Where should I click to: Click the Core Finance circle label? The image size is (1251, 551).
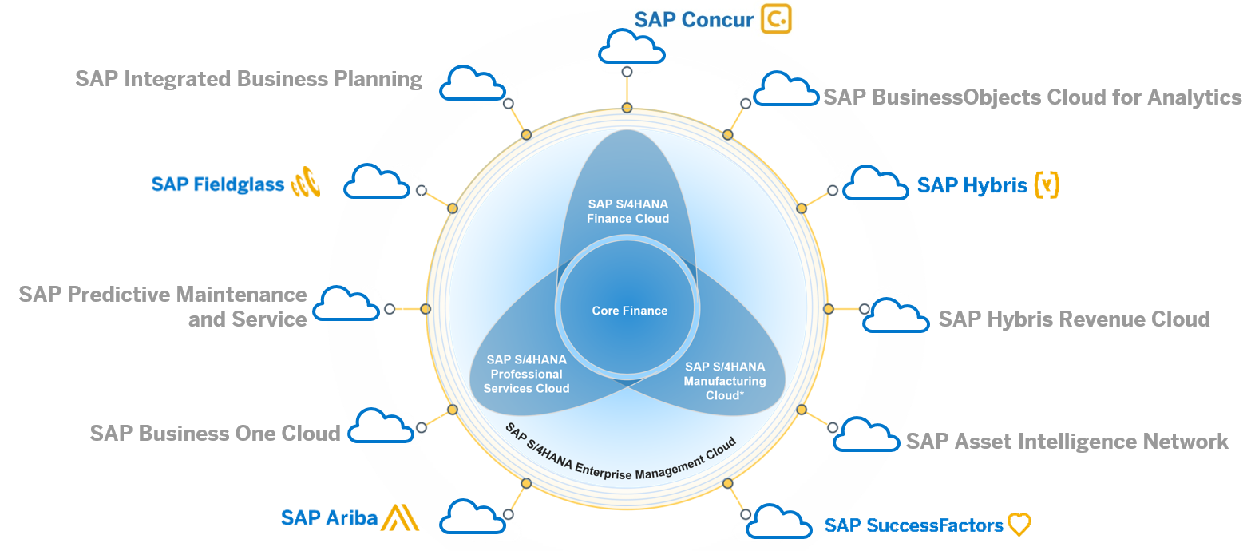click(x=629, y=311)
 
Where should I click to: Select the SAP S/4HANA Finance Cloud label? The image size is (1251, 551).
click(x=627, y=211)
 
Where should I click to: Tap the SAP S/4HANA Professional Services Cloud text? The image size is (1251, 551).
click(x=526, y=374)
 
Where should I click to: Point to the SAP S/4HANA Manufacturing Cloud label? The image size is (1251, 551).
click(x=724, y=380)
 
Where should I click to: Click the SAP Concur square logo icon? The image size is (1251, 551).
click(x=775, y=19)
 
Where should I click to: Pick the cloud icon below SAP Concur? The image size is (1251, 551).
click(x=631, y=46)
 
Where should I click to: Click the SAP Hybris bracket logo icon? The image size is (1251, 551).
click(x=1046, y=184)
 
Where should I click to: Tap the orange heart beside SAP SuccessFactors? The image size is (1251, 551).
click(x=1019, y=525)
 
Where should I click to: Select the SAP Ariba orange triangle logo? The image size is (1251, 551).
click(x=399, y=517)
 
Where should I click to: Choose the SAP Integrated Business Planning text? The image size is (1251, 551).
click(x=249, y=79)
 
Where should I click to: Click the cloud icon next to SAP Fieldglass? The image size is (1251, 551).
click(x=376, y=182)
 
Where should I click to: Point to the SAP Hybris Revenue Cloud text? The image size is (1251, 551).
click(x=1074, y=319)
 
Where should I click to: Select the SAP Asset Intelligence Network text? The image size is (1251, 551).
click(x=1067, y=442)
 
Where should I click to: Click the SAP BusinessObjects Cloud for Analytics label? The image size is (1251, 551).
click(x=1032, y=97)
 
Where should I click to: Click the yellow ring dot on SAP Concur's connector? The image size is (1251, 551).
click(x=627, y=108)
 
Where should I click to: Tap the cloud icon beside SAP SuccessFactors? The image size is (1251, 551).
click(x=782, y=521)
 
